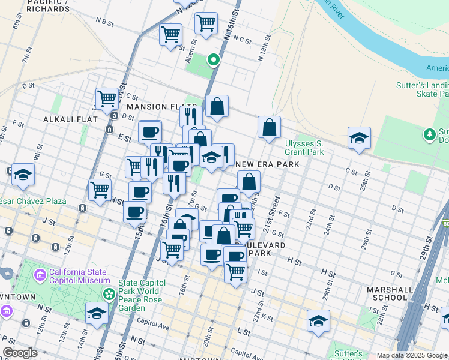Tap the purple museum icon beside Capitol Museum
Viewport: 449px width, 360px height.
click(x=40, y=275)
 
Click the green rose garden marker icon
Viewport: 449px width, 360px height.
click(x=109, y=295)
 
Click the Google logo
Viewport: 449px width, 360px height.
click(x=20, y=352)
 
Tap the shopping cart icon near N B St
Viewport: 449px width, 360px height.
click(x=171, y=34)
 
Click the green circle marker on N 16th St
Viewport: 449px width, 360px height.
click(x=212, y=59)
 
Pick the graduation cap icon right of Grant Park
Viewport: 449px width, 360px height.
click(x=359, y=137)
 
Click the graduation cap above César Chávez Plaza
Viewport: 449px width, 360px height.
click(x=23, y=174)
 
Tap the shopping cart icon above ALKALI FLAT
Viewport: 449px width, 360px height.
click(x=107, y=97)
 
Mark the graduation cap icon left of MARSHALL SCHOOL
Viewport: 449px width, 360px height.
click(x=318, y=320)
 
